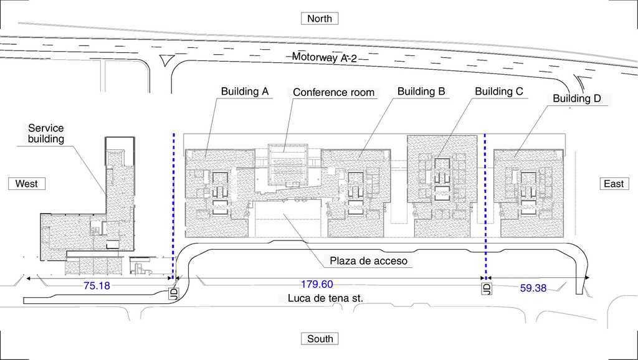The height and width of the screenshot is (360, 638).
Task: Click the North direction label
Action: pos(320,19)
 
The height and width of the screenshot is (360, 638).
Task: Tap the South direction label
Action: pos(320,339)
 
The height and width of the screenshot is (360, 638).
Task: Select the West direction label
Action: pos(26,184)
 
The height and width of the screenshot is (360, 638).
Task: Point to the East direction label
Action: pos(614,184)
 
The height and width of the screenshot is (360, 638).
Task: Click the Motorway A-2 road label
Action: pos(324,57)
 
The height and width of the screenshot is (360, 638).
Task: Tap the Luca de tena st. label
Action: pos(325,298)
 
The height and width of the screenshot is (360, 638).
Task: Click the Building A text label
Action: pos(245,91)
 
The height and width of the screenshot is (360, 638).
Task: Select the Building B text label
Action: pos(421,91)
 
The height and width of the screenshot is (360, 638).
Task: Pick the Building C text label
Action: pos(499,91)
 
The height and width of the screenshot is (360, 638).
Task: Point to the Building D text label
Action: pos(576,98)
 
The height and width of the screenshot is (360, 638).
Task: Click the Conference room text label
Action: pos(334,92)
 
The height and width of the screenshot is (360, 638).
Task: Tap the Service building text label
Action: pos(46,133)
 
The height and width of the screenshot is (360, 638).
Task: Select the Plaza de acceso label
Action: pos(368,261)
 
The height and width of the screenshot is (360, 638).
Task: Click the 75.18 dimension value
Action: pos(97,285)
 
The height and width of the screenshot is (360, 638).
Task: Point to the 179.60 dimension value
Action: pos(317,284)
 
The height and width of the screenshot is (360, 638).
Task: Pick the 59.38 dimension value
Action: pos(533,288)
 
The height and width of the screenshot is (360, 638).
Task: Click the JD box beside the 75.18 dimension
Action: pos(173,293)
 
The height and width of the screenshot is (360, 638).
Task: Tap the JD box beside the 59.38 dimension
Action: pos(486,288)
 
